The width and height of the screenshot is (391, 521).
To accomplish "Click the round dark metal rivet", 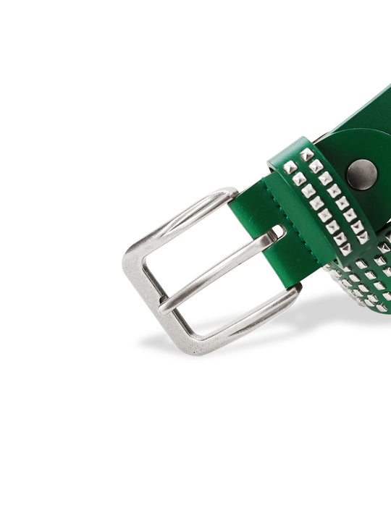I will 361,174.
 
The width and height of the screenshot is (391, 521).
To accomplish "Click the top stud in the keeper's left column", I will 290,167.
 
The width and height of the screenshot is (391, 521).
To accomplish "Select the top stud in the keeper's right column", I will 306,154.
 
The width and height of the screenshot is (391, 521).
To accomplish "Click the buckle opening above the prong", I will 195,246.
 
